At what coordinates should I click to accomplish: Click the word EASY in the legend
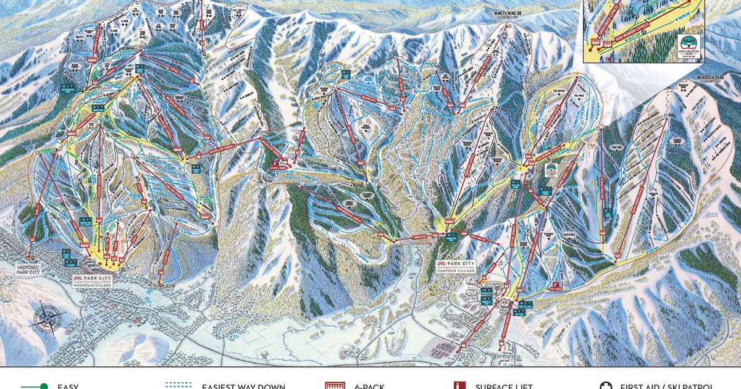68,386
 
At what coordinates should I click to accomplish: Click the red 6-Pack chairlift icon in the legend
334,386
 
